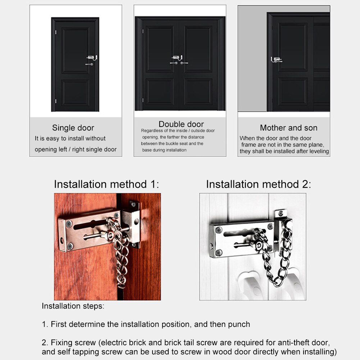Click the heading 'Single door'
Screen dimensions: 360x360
pyautogui.click(x=73, y=128)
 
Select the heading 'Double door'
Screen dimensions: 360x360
pyautogui.click(x=181, y=124)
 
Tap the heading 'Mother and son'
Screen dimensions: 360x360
pyautogui.click(x=288, y=128)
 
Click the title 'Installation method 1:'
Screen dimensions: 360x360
pyautogui.click(x=106, y=184)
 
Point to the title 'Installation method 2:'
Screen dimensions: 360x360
pyautogui.click(x=258, y=184)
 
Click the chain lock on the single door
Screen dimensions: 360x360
pyautogui.click(x=92, y=58)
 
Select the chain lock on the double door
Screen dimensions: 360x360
pyautogui.click(x=177, y=58)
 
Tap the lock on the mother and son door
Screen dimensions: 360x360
pyautogui.click(x=276, y=60)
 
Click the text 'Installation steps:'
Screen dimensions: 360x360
pyautogui.click(x=73, y=306)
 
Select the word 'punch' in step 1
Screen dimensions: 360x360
pyautogui.click(x=239, y=324)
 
